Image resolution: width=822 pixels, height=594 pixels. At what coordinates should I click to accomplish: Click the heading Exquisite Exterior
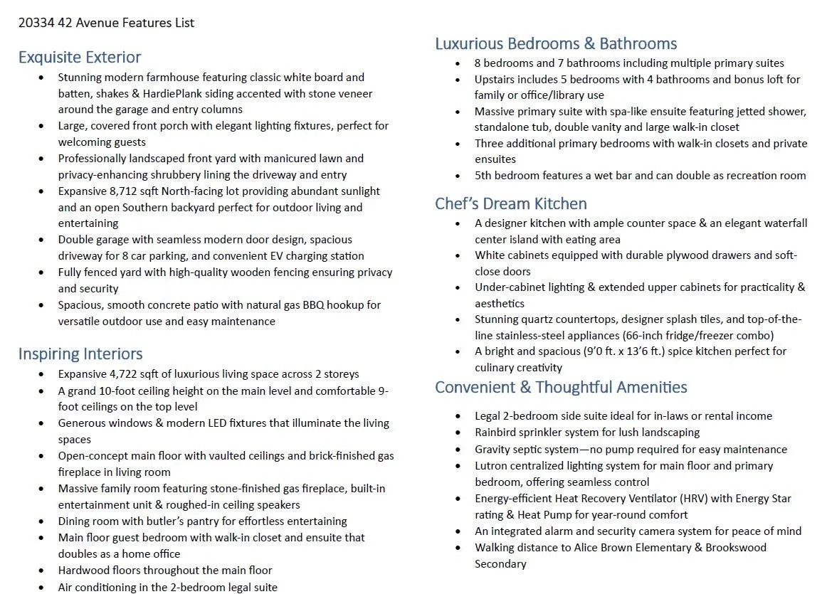(80, 57)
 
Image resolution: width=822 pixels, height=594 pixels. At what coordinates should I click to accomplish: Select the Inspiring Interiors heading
(80, 354)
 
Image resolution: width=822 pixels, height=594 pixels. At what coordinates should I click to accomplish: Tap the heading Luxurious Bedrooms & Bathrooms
(556, 43)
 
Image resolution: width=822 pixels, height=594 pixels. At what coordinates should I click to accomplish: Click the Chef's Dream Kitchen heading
(511, 203)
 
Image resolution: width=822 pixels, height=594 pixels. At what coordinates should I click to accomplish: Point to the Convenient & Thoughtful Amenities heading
(561, 387)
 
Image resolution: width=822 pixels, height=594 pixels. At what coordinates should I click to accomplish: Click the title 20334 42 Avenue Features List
(106, 23)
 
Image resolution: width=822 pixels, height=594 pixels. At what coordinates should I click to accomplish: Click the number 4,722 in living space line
(125, 374)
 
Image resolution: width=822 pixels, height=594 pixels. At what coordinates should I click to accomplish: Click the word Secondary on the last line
(500, 564)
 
